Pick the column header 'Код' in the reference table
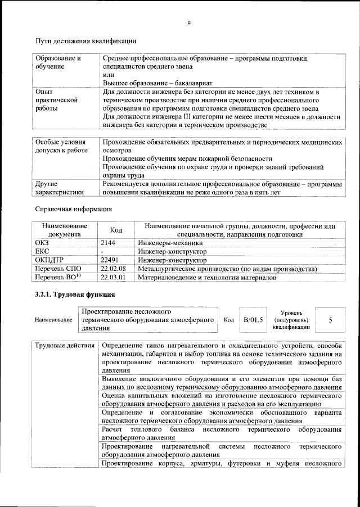116,230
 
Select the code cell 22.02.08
112,269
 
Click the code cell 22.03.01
112,278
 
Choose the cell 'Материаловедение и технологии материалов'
207,278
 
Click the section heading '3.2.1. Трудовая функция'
75,295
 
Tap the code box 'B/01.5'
253,320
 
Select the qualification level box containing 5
330,320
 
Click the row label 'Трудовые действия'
64,345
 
